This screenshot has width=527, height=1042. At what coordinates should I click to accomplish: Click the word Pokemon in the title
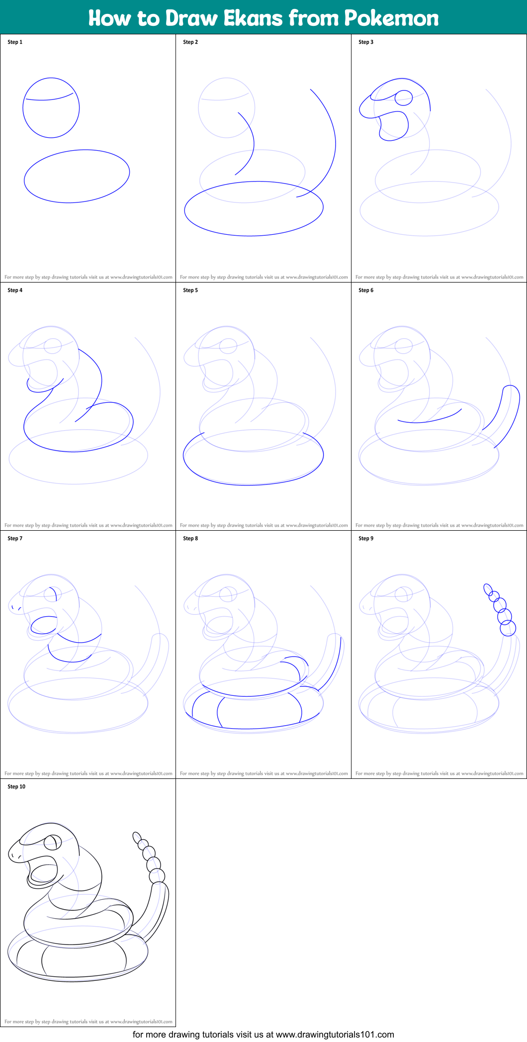pos(391,18)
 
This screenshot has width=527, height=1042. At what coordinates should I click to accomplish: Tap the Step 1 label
pos(15,42)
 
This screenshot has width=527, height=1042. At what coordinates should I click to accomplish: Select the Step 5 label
pos(190,290)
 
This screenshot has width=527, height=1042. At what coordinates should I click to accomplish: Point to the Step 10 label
pos(16,786)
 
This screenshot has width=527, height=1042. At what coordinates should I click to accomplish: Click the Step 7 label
pos(15,538)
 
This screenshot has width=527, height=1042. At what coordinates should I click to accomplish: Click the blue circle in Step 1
pos(51,107)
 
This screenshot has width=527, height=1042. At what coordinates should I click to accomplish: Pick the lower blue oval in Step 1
pos(77,176)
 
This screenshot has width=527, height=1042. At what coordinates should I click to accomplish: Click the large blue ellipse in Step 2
pos(254,208)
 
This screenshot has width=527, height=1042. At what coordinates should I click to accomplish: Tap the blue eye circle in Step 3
pos(404,97)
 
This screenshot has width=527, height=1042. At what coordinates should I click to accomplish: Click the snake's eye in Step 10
pos(53,843)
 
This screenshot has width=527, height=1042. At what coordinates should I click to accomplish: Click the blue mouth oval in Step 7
pos(44,625)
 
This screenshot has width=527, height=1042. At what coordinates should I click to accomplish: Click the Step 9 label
pos(366,538)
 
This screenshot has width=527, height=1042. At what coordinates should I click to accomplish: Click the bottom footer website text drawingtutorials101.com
pos(335,1034)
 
